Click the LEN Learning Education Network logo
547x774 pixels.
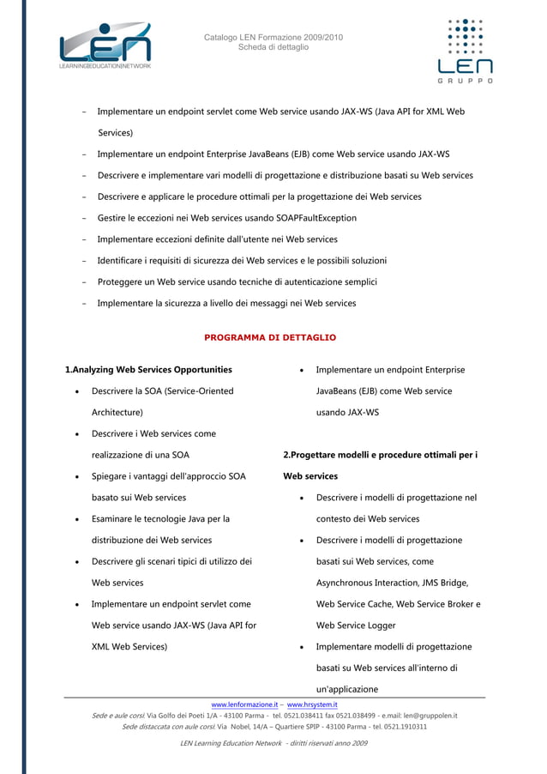(105, 47)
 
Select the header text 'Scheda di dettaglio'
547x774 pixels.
(273, 47)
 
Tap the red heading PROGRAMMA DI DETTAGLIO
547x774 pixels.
(270, 337)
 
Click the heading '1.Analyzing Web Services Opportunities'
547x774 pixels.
(148, 370)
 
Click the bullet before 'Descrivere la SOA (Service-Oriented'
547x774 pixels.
(78, 391)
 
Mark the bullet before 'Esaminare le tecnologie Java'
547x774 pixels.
(78, 519)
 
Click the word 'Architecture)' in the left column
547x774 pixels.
(117, 412)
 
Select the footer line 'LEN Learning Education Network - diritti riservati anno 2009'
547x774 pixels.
(273, 743)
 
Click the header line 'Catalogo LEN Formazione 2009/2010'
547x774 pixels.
(273, 36)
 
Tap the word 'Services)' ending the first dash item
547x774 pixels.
(114, 133)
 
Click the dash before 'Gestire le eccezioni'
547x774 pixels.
(83, 218)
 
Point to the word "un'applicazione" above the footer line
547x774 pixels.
(346, 689)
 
